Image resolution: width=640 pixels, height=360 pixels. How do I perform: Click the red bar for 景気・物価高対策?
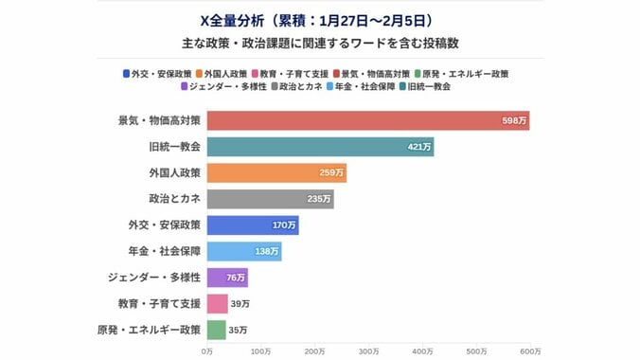pyautogui.click(x=367, y=120)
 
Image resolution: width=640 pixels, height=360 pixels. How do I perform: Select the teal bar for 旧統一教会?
pyautogui.click(x=320, y=147)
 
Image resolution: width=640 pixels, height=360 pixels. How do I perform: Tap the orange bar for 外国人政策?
pyautogui.click(x=276, y=173)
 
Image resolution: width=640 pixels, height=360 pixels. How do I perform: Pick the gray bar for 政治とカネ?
pyautogui.click(x=270, y=199)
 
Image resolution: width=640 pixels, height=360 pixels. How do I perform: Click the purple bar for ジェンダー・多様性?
pyautogui.click(x=227, y=278)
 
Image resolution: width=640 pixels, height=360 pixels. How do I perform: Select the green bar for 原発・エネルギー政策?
pyautogui.click(x=216, y=330)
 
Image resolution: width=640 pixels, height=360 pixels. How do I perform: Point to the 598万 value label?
pyautogui.click(x=515, y=120)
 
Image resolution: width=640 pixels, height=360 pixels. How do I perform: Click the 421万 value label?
pyautogui.click(x=420, y=147)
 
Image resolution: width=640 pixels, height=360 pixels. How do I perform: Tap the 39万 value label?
pyautogui.click(x=240, y=304)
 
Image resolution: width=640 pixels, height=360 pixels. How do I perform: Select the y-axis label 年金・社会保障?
pyautogui.click(x=163, y=251)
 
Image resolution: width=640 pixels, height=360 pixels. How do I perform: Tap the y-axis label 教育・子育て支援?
pyautogui.click(x=156, y=304)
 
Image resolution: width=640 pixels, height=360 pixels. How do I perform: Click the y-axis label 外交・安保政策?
pyautogui.click(x=163, y=225)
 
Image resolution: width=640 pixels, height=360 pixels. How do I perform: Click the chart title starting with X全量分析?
pyautogui.click(x=319, y=19)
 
